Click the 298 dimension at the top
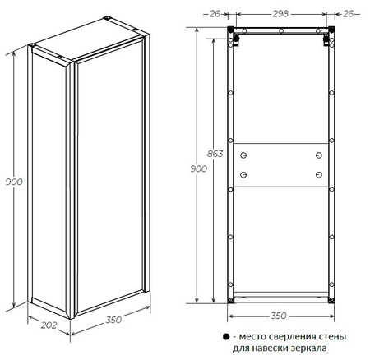tap(280, 13)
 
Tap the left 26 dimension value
tap(215, 13)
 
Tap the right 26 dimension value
tap(349, 13)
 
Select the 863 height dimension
tap(215, 154)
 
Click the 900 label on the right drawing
tap(199, 168)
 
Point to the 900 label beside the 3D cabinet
tap(14, 182)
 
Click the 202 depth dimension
tap(49, 325)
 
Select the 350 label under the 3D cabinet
tap(113, 320)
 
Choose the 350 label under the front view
tap(279, 316)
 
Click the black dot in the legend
tap(226, 337)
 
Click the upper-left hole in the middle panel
tap(243, 155)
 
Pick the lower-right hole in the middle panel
tap(318, 174)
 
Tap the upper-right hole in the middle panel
tap(318, 155)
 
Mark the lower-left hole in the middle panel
tap(243, 174)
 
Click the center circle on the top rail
tap(281, 31)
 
